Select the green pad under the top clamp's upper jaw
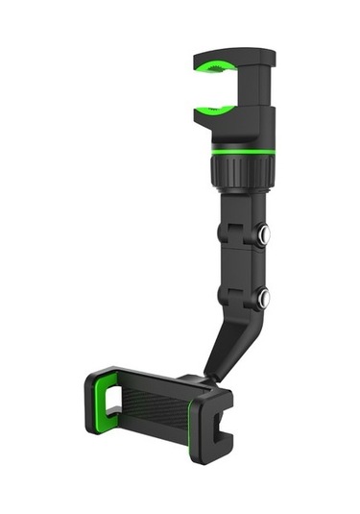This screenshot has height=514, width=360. pos(216,70)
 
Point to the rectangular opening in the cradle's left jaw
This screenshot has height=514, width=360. pos(108,395)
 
